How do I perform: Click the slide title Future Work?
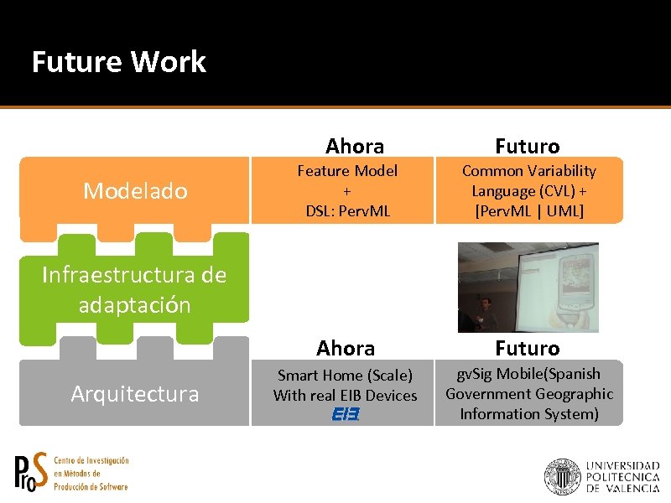118,62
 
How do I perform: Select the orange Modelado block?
135,191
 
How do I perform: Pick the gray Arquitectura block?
135,393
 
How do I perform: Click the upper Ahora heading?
355,146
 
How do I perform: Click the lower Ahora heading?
345,348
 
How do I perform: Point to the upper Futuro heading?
528,146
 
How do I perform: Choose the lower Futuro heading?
528,348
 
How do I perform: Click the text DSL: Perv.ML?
347,210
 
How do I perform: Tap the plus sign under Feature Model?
347,190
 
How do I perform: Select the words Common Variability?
529,171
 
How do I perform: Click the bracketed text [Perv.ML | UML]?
529,210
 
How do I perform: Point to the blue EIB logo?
345,414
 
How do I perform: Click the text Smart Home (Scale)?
345,376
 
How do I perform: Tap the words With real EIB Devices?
345,395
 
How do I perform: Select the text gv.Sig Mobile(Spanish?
529,374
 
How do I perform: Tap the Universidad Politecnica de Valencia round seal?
561,475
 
